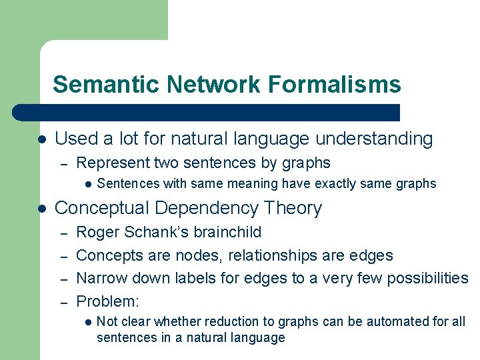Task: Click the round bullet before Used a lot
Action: pyautogui.click(x=41, y=139)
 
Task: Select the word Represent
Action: pyautogui.click(x=113, y=163)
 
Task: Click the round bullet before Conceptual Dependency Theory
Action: pyautogui.click(x=41, y=209)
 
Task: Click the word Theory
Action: pyautogui.click(x=293, y=209)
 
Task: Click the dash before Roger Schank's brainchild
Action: pyautogui.click(x=64, y=233)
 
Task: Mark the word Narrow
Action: pyautogui.click(x=100, y=278)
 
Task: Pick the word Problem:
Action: pyautogui.click(x=107, y=301)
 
